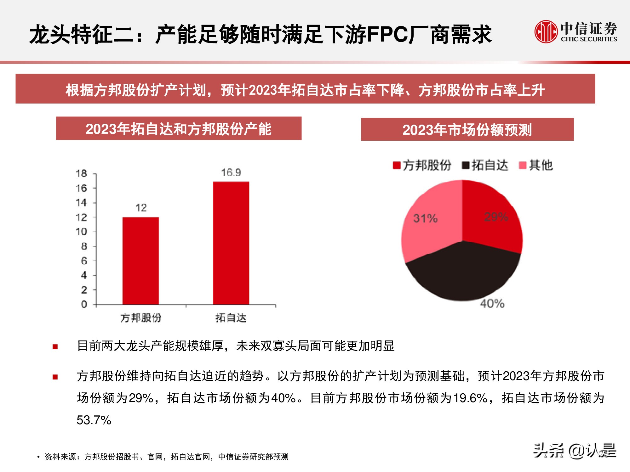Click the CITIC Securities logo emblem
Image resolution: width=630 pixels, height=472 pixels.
coord(546,31)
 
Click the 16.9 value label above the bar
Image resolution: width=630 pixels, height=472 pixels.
coord(231,172)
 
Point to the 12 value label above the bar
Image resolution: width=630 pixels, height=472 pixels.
coord(141,208)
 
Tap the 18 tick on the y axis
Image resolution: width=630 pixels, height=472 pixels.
coord(81,173)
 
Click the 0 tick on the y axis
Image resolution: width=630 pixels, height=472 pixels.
coord(84,304)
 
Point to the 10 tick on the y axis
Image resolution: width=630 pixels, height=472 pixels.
coord(81,232)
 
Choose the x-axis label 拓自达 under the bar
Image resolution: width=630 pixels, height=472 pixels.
coord(231,318)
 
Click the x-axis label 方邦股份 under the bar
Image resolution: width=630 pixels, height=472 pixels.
coord(141,318)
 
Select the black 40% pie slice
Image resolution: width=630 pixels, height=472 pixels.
coord(463,274)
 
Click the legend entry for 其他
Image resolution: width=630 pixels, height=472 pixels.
coord(536,165)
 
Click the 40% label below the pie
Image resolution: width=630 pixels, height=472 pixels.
coord(492,303)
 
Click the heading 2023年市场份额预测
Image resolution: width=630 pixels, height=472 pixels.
coord(467,130)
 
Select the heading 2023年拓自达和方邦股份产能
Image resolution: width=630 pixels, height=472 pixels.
coord(179,129)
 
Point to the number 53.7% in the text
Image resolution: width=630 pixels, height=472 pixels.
coord(94,420)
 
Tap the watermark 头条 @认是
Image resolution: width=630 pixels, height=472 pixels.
coord(575,451)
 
